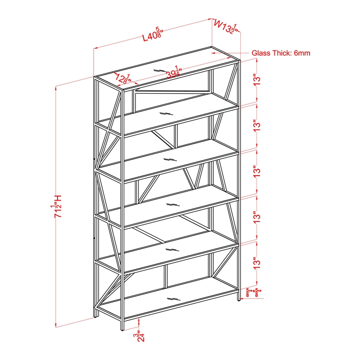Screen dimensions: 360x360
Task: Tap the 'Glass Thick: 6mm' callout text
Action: [281, 53]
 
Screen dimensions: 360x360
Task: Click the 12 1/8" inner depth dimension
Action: [122, 79]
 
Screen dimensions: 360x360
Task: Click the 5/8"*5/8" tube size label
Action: [255, 294]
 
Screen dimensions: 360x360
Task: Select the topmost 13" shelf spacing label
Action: [257, 80]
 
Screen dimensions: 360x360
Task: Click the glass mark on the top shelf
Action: [160, 70]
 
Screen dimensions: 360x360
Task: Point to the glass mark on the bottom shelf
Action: [173, 299]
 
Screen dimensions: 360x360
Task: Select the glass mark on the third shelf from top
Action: [169, 159]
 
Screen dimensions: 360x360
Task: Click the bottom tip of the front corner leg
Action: [121, 330]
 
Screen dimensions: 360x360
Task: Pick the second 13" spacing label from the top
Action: [257, 126]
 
